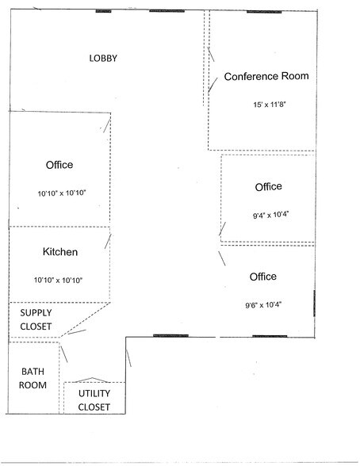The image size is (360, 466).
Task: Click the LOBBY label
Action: [x=103, y=58]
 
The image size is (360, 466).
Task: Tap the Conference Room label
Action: [x=266, y=76]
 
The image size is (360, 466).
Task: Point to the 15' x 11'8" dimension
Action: [x=270, y=105]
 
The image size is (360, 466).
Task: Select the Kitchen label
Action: [x=60, y=252]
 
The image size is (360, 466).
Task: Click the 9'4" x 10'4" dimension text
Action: [x=271, y=215]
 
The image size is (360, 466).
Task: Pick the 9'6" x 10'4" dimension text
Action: [x=263, y=305]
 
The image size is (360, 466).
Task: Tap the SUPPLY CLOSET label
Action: [x=36, y=319]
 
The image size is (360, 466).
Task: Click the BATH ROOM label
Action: [x=33, y=378]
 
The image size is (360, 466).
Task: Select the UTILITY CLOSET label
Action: [x=94, y=400]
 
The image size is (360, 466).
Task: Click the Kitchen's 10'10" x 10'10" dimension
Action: [x=58, y=280]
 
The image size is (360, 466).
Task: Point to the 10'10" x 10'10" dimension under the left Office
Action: [x=62, y=193]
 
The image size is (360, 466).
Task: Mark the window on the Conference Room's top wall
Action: [x=264, y=12]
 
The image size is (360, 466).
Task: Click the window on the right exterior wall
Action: [x=315, y=303]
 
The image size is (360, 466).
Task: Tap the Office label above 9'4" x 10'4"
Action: [x=269, y=187]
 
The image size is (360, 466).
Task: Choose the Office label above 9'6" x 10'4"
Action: [x=263, y=277]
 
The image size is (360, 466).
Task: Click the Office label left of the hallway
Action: [x=59, y=165]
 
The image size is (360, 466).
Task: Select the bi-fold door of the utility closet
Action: [x=92, y=380]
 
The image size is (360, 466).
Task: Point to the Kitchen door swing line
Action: [x=108, y=241]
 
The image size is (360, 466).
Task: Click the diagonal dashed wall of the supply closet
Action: [x=86, y=320]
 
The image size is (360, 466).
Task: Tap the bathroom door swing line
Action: [x=64, y=354]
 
